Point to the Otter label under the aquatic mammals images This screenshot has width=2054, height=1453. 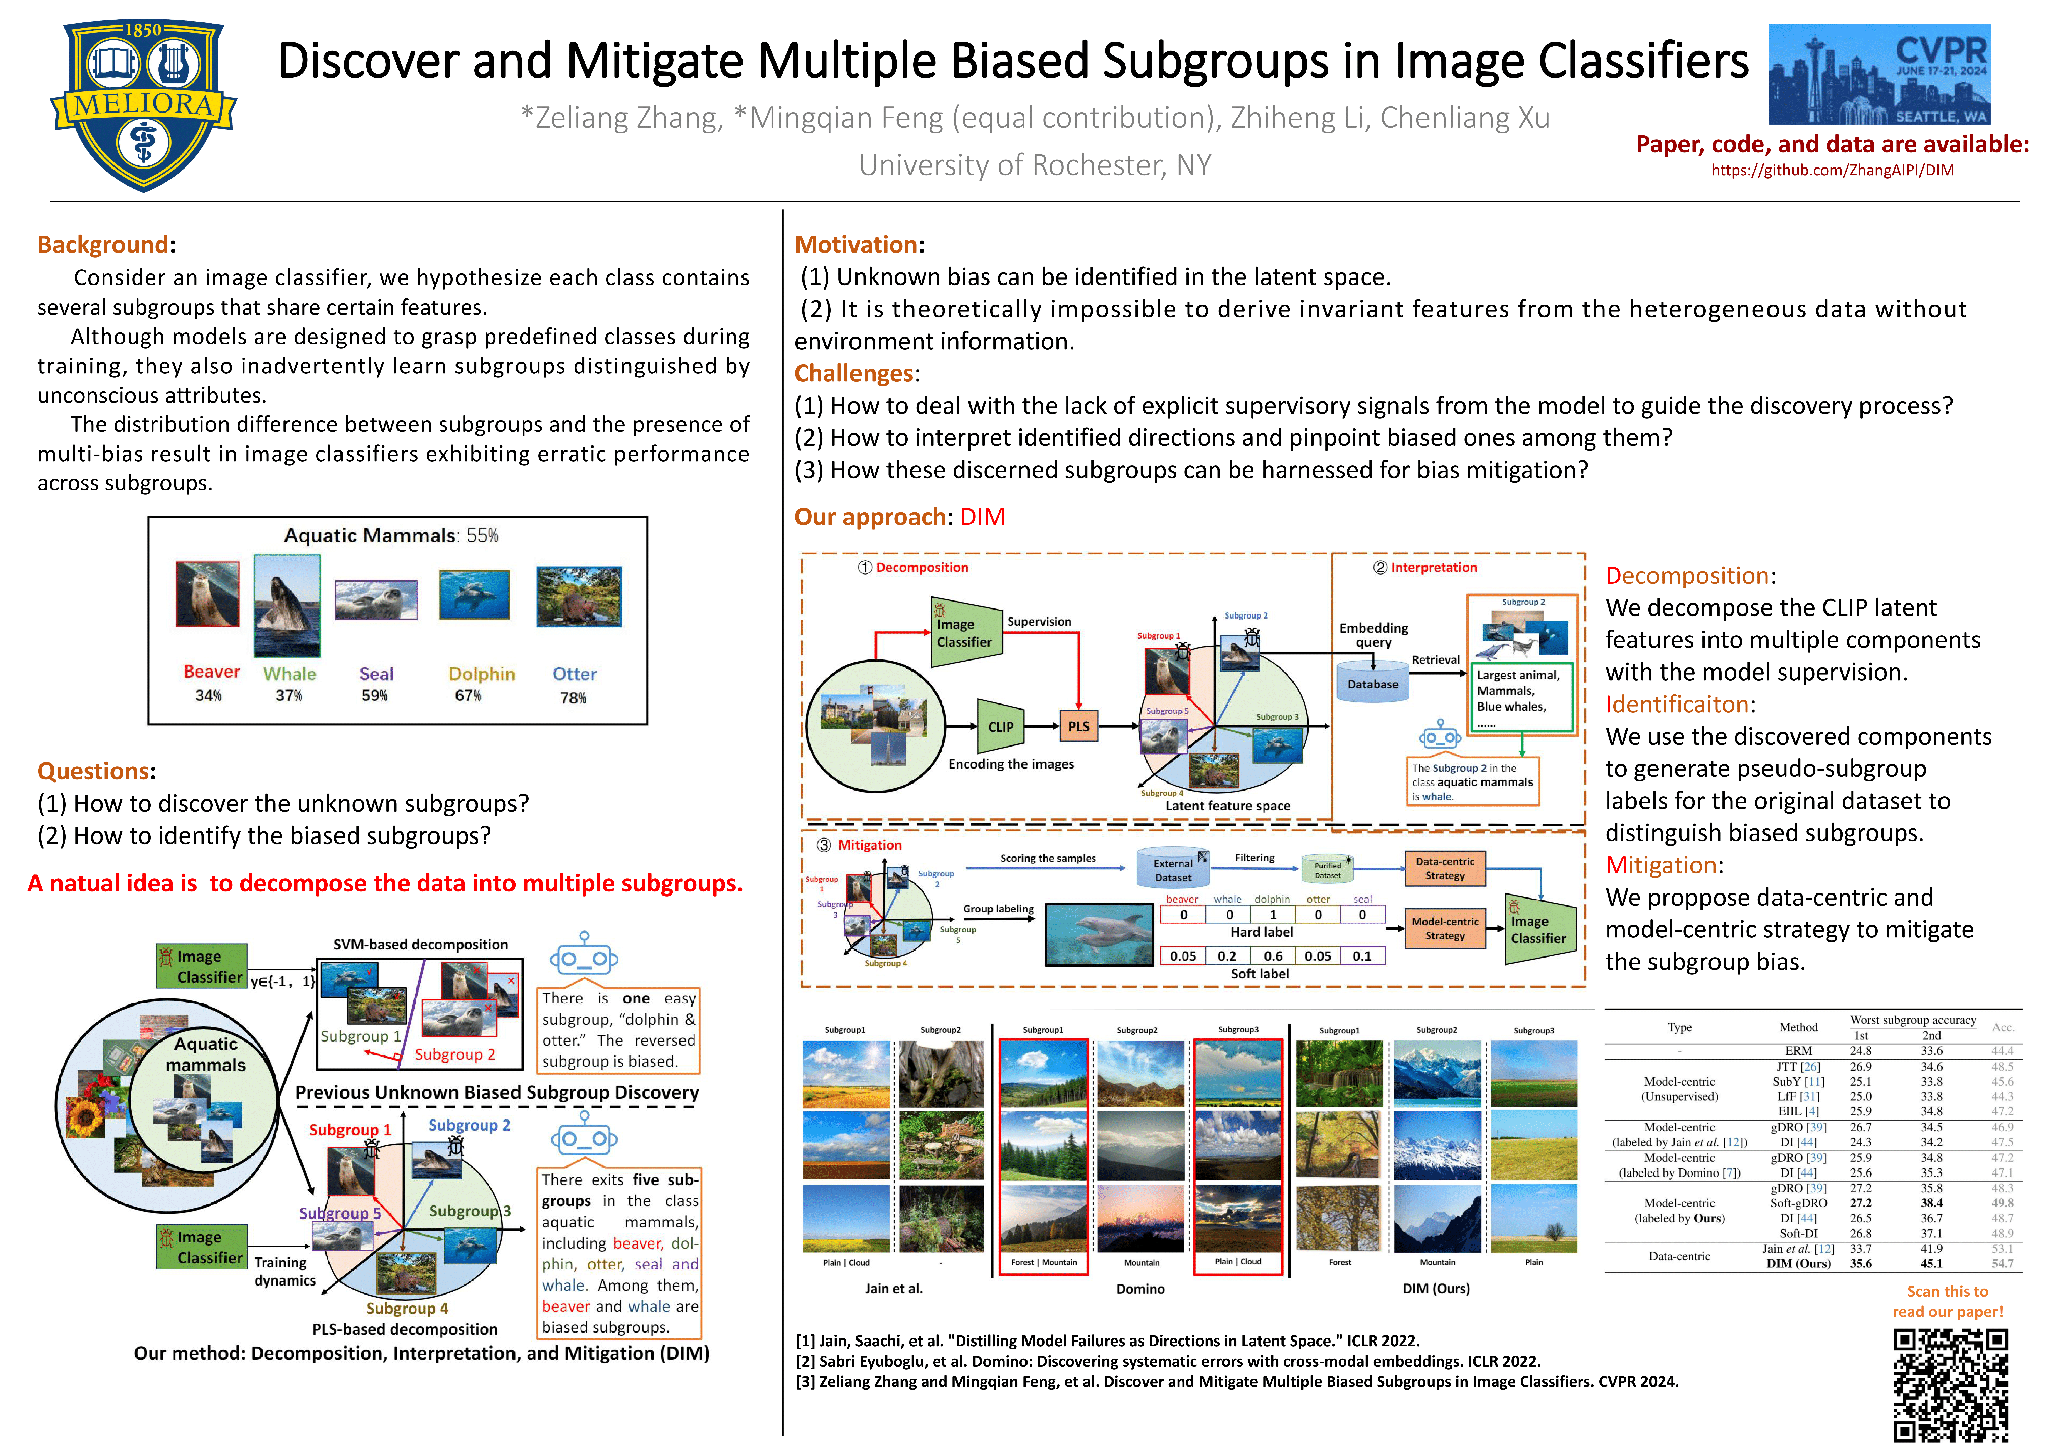tap(575, 674)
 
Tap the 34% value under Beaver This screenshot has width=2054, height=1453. tap(208, 695)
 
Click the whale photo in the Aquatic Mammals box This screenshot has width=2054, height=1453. tap(287, 606)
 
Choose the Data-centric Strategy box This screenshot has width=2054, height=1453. tap(1445, 868)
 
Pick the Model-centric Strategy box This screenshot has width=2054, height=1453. tap(1445, 928)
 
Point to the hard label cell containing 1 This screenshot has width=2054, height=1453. tap(1272, 914)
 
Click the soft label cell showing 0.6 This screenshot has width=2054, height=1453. tap(1272, 956)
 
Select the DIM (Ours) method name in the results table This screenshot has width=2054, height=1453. tap(1798, 1263)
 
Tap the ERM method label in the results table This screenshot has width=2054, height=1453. tap(1798, 1050)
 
